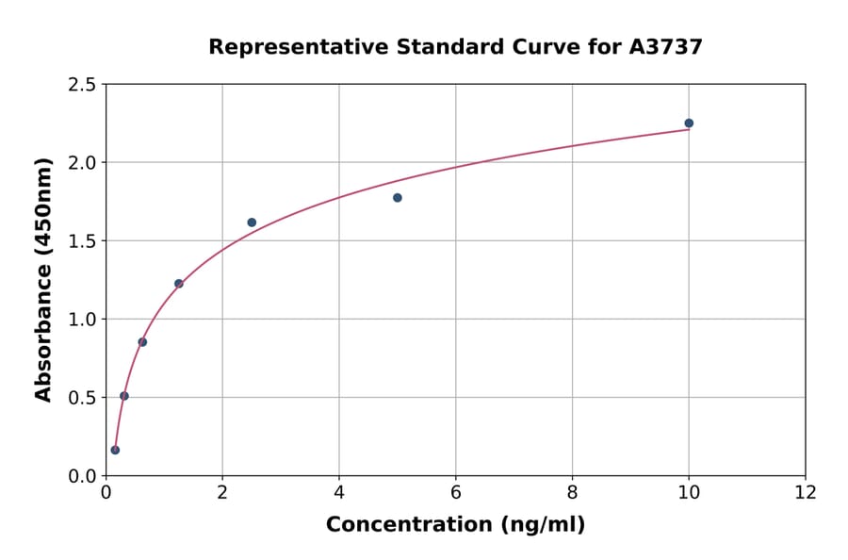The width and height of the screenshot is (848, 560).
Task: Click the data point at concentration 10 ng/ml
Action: [689, 124]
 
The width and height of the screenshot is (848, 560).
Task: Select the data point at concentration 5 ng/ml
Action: [398, 198]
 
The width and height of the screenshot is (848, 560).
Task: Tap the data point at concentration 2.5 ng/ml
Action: [252, 222]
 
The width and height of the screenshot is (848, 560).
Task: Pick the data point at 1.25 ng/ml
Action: [179, 284]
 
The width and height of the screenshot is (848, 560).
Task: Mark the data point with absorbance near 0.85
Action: [142, 342]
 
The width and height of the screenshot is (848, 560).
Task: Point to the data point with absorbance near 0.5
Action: [124, 396]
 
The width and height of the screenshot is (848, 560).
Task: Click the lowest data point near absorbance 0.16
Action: [115, 450]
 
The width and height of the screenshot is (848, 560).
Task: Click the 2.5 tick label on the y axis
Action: [82, 85]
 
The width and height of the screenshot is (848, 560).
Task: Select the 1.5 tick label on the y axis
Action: [82, 241]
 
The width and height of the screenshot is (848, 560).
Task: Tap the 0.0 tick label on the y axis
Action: [82, 476]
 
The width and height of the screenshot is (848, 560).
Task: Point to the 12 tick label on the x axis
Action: [805, 493]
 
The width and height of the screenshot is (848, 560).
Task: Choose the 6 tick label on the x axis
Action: [455, 493]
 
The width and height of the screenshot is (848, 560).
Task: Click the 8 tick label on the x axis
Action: [572, 493]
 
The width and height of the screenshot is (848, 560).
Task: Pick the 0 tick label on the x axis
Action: [106, 493]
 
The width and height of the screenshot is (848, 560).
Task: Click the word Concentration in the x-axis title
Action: [410, 525]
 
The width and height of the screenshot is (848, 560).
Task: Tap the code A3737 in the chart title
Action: [665, 47]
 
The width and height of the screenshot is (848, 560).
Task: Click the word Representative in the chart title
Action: [284, 47]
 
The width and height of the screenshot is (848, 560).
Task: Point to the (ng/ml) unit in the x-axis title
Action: [544, 525]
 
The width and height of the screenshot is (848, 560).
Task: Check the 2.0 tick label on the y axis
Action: [82, 163]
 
